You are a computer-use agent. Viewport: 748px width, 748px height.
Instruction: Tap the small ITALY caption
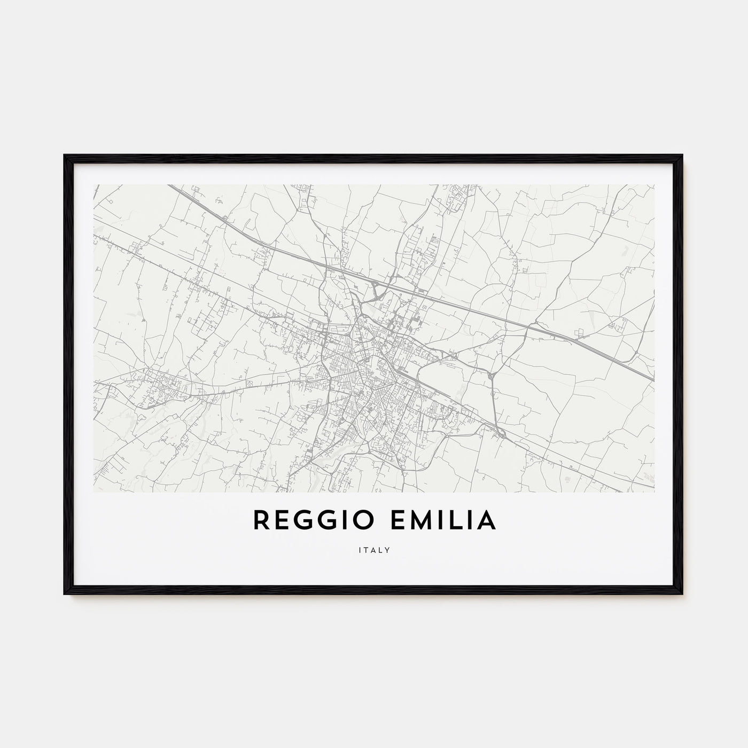[374, 550]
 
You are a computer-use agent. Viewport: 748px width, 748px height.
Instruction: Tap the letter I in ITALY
[360, 550]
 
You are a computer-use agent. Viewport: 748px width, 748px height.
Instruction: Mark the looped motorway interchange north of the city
[378, 289]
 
